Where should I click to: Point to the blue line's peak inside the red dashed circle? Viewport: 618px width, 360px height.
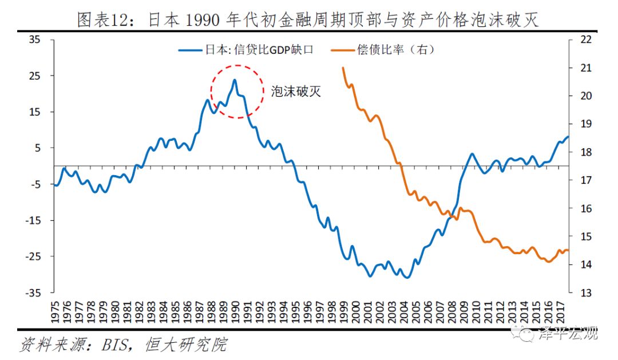coord(234,80)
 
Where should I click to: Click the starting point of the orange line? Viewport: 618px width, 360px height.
coord(343,68)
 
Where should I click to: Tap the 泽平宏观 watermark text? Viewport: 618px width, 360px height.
coord(566,334)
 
